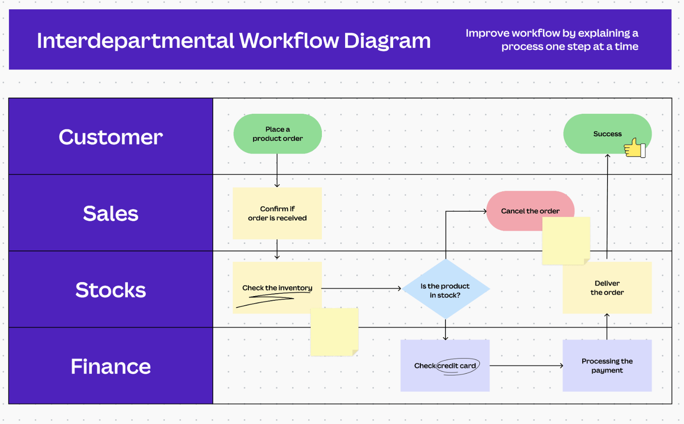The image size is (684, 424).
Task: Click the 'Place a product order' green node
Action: pos(277,134)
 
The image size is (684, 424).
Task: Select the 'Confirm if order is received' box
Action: pos(277,213)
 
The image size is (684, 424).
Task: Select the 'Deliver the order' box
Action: pos(607,288)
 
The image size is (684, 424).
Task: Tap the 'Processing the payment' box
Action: pos(607,366)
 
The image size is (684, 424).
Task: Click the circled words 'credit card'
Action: pos(457,366)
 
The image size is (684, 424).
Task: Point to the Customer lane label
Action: pos(111,137)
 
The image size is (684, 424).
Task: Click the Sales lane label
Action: pos(111,213)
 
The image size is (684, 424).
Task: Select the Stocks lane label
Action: pos(111,290)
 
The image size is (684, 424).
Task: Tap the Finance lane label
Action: pos(111,366)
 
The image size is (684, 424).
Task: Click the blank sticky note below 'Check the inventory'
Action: pos(334,332)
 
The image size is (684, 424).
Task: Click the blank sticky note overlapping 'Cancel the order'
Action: pos(566,241)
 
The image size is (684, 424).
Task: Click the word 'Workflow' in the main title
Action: pos(288,41)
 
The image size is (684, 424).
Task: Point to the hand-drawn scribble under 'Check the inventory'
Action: pos(266,301)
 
